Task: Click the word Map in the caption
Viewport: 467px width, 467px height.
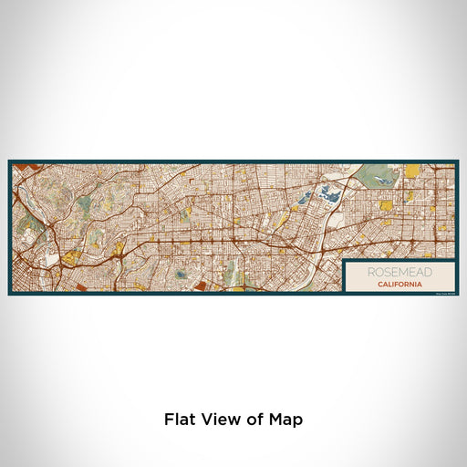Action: coord(286,420)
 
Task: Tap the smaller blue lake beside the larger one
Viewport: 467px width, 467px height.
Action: coord(306,194)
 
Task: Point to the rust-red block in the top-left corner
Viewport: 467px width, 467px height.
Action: coord(20,166)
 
